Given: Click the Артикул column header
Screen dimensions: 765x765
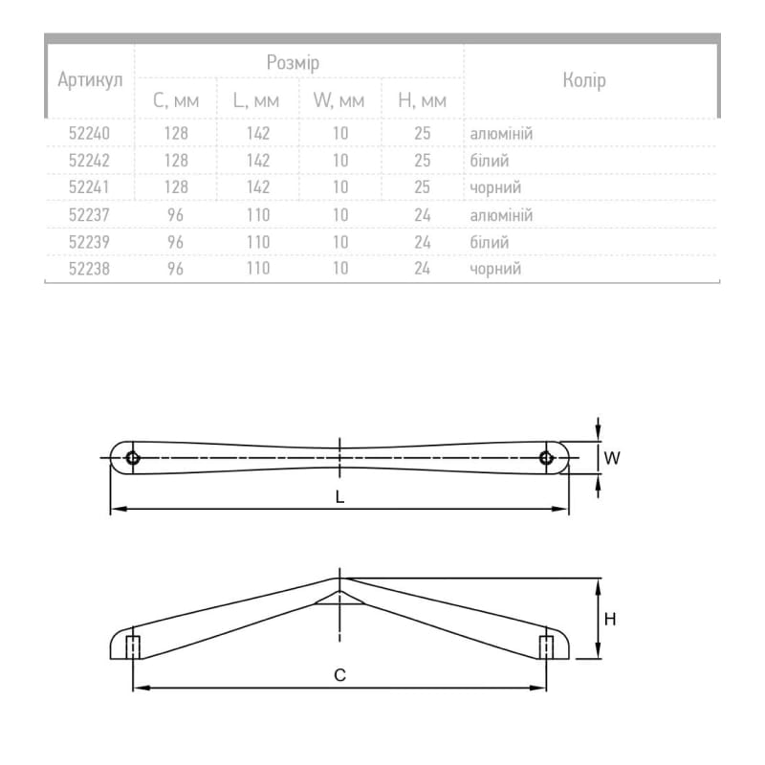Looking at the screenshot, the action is [90, 80].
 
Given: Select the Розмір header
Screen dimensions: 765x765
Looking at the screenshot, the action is [293, 62].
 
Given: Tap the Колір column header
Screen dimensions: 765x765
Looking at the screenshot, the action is [584, 80].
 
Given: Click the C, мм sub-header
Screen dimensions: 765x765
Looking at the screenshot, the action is [176, 100].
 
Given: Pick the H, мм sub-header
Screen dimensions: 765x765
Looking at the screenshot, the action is [422, 100].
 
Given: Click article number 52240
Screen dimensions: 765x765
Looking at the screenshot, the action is [89, 133].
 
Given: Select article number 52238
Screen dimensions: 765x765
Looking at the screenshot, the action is [89, 269].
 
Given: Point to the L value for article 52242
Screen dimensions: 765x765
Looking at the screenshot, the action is [258, 161].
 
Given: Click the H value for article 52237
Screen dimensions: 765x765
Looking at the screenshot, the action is [422, 215].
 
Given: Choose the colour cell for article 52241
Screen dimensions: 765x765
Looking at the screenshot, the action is [495, 187].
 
